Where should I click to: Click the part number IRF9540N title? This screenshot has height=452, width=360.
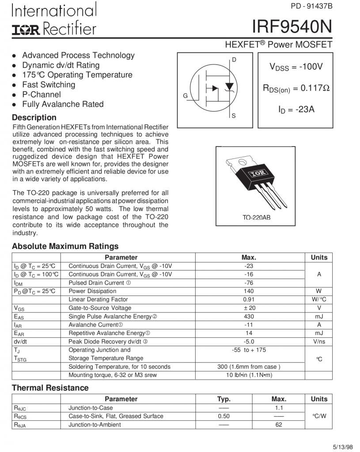[292, 27]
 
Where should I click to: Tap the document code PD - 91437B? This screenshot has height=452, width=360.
[311, 6]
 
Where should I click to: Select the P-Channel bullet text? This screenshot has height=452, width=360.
[42, 94]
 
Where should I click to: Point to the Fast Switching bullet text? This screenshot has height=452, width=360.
[49, 85]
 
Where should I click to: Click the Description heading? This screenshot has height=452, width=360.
[34, 117]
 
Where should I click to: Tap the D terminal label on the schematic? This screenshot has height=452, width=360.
[234, 60]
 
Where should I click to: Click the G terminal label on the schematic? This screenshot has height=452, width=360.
[186, 96]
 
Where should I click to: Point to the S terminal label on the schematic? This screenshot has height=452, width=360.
[234, 116]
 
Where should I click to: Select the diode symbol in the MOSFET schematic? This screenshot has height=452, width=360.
[229, 86]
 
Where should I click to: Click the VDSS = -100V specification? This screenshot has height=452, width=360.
[296, 67]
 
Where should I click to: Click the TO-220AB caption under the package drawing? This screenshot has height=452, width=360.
[256, 218]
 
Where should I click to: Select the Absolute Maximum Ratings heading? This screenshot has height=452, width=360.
[65, 246]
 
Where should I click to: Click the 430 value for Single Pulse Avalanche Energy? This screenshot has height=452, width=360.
[249, 316]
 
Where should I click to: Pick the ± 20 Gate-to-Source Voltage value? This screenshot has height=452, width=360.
[249, 308]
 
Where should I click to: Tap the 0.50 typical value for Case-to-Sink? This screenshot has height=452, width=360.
[224, 416]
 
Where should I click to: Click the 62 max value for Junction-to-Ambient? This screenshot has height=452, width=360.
[278, 425]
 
